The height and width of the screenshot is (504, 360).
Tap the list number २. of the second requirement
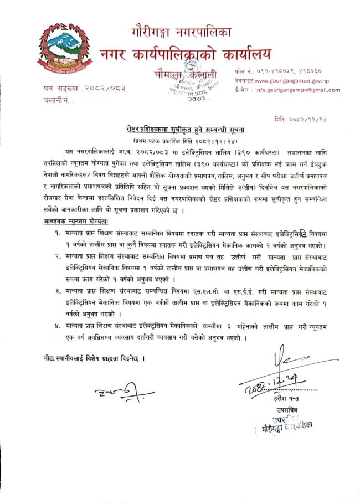pyautogui.click(x=58, y=257)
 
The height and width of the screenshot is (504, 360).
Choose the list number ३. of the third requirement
pyautogui.click(x=58, y=289)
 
